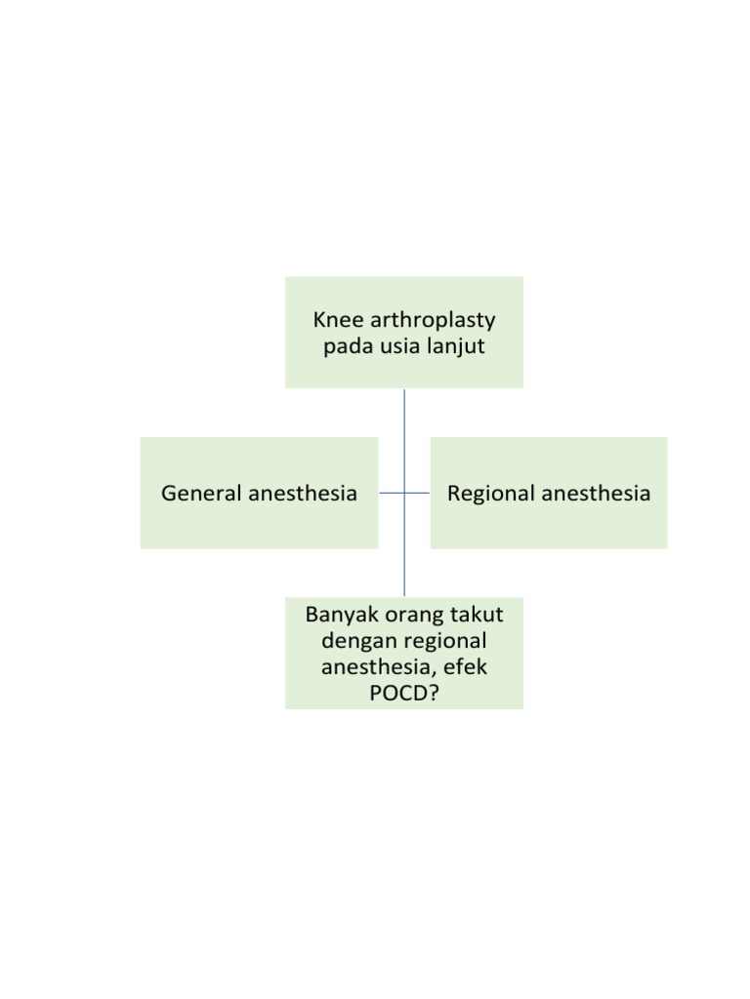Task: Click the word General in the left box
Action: (201, 494)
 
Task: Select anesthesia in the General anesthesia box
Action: (303, 494)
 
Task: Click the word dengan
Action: (356, 642)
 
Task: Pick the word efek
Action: (465, 668)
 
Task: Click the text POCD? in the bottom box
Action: (404, 694)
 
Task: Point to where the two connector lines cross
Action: (404, 493)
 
